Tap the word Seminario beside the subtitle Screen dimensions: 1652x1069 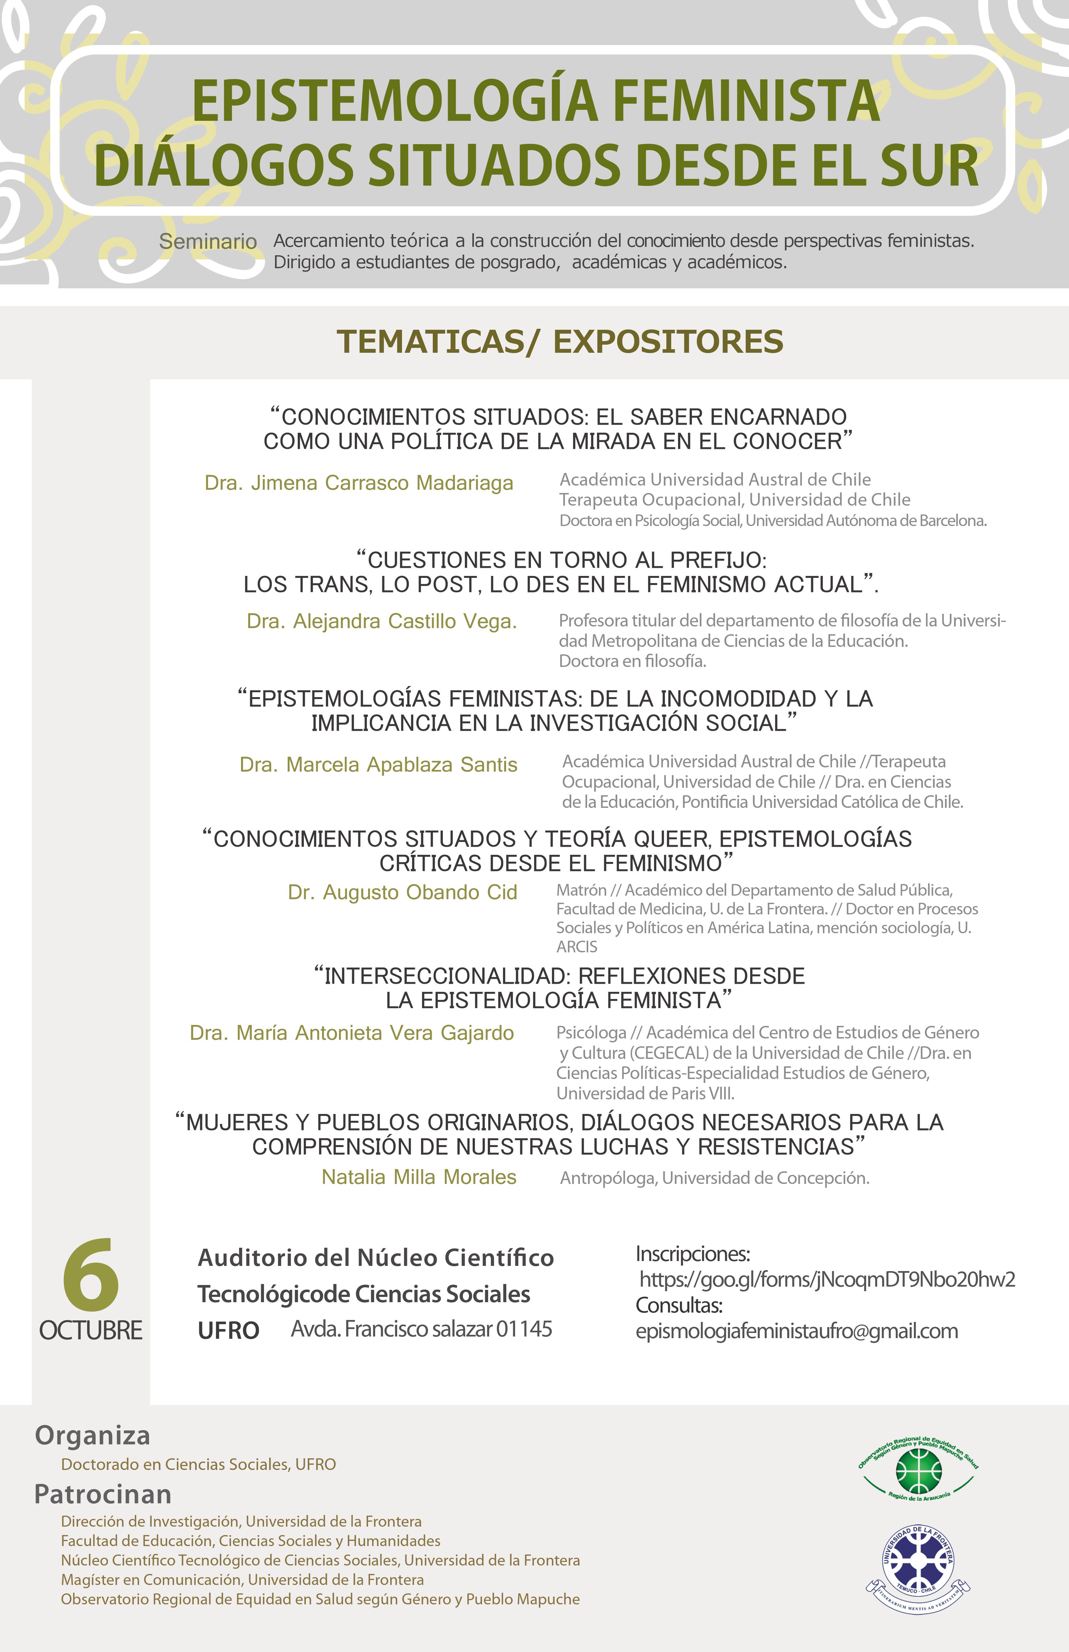[x=208, y=242]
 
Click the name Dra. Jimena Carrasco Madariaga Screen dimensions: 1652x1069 [x=359, y=483]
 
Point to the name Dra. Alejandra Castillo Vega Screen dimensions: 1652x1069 [x=382, y=621]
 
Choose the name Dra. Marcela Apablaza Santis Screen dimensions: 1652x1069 [x=378, y=765]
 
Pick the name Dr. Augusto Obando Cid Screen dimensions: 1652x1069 [x=403, y=893]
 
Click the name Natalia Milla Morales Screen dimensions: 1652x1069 [x=419, y=1177]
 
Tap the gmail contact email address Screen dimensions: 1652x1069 [x=796, y=1331]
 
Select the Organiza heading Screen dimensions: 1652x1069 [x=92, y=1435]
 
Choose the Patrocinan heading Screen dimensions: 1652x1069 [x=103, y=1495]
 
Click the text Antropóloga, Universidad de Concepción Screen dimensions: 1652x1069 [x=714, y=1179]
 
